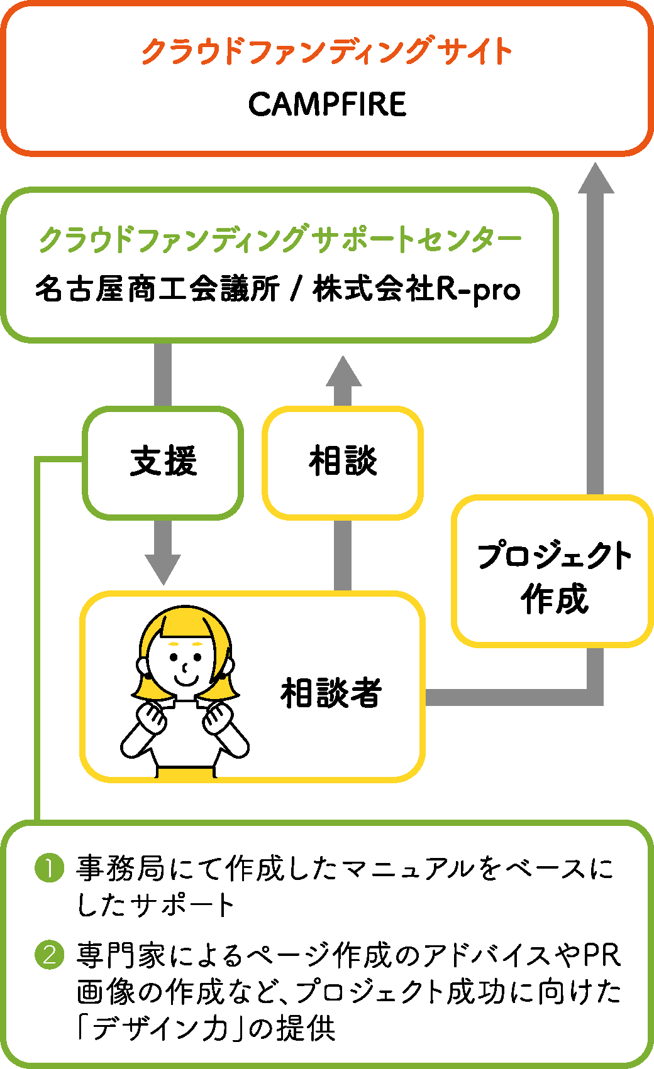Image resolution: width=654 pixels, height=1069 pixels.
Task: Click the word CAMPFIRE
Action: tap(327, 104)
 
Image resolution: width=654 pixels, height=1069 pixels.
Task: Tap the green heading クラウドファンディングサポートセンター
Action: tap(280, 239)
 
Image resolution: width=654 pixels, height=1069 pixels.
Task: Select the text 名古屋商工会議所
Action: tap(157, 290)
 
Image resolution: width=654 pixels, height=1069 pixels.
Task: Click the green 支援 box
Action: tap(163, 462)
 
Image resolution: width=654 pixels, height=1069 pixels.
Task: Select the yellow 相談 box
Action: tap(343, 462)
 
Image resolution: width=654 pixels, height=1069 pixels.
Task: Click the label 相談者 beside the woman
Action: tap(331, 693)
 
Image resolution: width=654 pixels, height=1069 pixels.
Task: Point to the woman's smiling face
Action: tap(185, 666)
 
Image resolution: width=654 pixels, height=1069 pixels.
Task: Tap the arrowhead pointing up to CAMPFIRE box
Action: tap(596, 179)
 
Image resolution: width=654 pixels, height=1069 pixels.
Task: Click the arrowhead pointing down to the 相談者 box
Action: tap(163, 569)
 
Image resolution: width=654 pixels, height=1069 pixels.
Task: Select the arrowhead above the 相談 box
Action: tap(343, 372)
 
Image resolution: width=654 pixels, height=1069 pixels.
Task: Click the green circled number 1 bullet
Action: tap(50, 869)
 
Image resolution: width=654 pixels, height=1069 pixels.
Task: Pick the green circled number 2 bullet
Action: tap(50, 955)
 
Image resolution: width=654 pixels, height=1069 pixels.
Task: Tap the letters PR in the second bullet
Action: tap(602, 955)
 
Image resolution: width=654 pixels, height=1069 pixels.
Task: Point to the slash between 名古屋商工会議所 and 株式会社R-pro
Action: tap(296, 290)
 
